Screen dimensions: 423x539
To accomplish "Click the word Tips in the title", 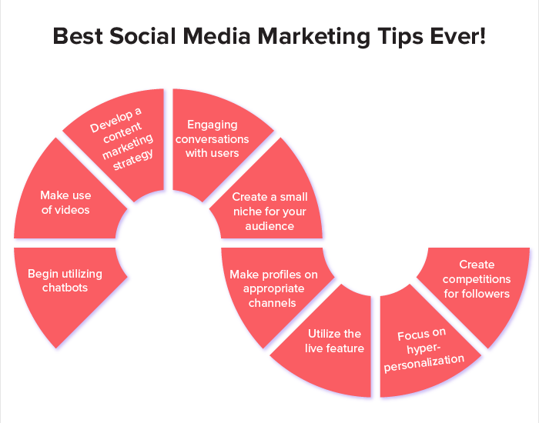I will coord(392,36).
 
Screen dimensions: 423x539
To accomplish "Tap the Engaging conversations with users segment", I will coord(212,138).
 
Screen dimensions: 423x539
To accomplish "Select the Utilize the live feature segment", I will coord(333,341).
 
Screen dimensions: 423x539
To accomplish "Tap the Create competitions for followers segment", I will coord(477,279).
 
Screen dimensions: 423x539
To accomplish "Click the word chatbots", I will coord(65,288).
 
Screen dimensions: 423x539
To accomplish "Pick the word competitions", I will coord(477,279).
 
